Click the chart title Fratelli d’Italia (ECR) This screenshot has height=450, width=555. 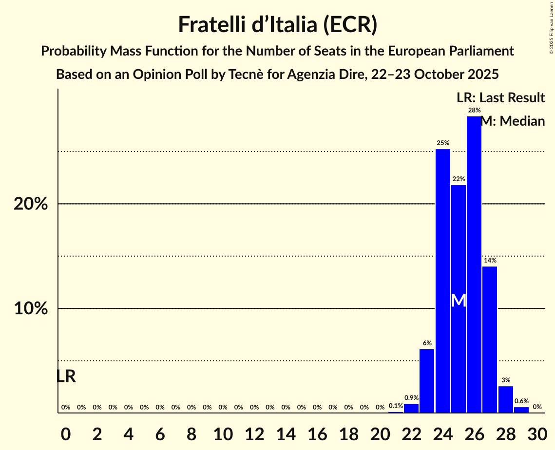277,24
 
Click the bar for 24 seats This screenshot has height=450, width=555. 442,281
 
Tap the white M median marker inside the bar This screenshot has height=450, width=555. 459,300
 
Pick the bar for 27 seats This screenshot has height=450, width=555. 490,339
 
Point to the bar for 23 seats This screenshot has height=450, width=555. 427,381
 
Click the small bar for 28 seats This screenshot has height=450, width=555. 505,399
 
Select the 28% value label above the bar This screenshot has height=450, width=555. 474,111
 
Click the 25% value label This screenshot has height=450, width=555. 442,143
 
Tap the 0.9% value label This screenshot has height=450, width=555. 411,398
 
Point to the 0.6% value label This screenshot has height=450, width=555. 521,401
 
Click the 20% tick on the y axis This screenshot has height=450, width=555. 31,204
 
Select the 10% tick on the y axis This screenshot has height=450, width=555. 31,309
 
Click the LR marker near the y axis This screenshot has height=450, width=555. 66,376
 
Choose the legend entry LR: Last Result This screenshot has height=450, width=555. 500,98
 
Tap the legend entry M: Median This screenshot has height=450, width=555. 513,121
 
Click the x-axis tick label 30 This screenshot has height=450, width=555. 537,432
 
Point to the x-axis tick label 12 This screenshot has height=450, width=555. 254,432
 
